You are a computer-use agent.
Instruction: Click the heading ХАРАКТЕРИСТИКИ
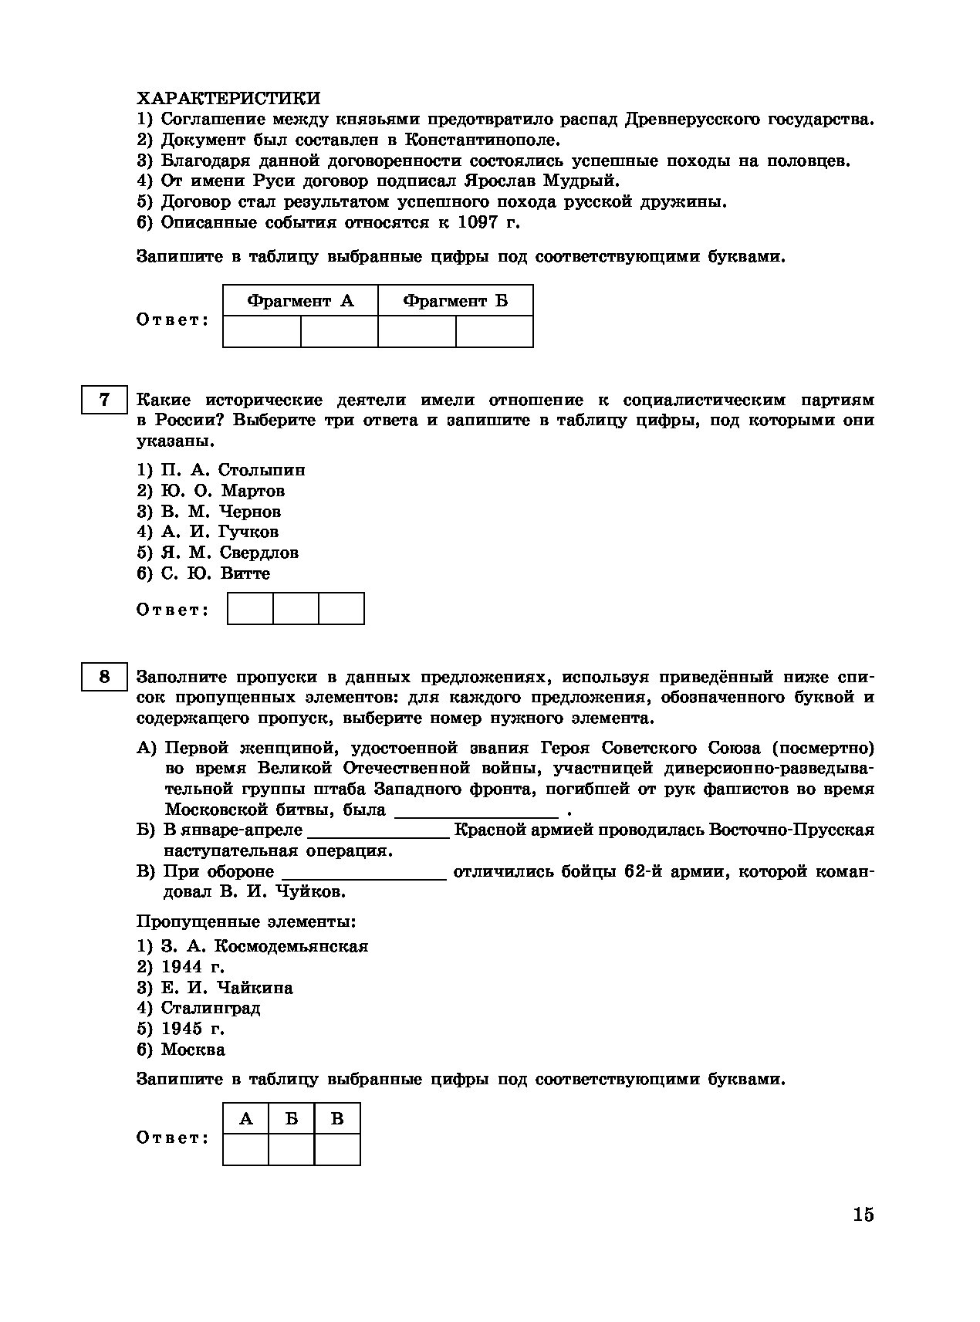point(228,99)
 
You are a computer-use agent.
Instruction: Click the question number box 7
point(104,401)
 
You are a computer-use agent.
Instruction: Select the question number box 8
point(104,678)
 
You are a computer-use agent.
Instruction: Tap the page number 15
point(863,1215)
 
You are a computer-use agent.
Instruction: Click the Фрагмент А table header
point(300,301)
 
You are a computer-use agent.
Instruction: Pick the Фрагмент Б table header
point(455,301)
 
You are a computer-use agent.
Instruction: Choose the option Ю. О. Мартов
point(222,491)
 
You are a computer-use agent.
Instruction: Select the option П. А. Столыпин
point(232,470)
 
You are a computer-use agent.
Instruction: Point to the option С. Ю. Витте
point(215,573)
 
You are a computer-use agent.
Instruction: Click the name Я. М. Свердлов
point(229,553)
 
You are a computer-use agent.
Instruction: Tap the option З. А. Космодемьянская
point(264,946)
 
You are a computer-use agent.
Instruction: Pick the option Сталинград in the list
point(211,1008)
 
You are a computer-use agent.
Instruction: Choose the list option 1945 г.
point(193,1029)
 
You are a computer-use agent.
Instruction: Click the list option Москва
point(193,1050)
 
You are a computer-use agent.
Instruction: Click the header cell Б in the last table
point(292,1119)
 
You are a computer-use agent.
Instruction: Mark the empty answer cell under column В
point(337,1149)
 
